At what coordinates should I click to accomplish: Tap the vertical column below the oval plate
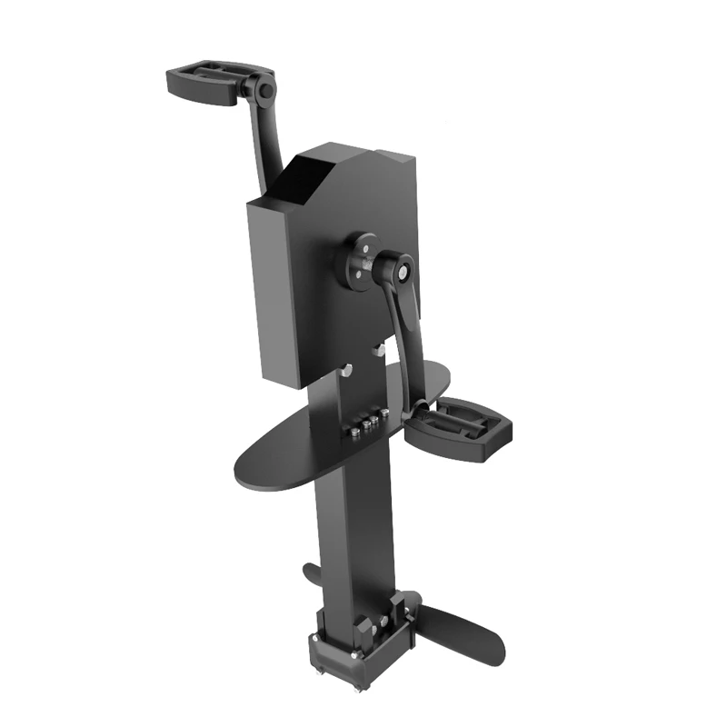coord(350,536)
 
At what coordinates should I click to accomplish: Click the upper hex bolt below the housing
coord(378,349)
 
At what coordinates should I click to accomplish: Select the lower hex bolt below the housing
coord(346,369)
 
